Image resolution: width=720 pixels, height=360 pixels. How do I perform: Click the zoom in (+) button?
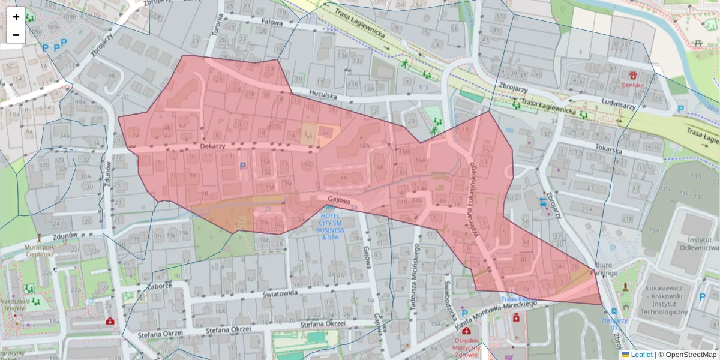point(16,17)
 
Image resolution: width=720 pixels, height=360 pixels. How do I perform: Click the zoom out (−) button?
point(16,35)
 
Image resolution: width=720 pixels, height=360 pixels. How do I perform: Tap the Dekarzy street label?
point(212,146)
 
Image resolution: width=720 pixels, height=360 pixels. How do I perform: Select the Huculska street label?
point(323,94)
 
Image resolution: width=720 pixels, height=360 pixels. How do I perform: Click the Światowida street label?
point(281,294)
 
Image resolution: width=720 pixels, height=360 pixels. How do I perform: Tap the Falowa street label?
point(272,21)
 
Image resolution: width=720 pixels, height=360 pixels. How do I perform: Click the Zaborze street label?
point(160,286)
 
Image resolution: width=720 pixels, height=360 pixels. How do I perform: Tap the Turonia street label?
point(218,26)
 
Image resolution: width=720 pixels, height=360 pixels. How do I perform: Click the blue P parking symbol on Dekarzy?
point(242,166)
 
